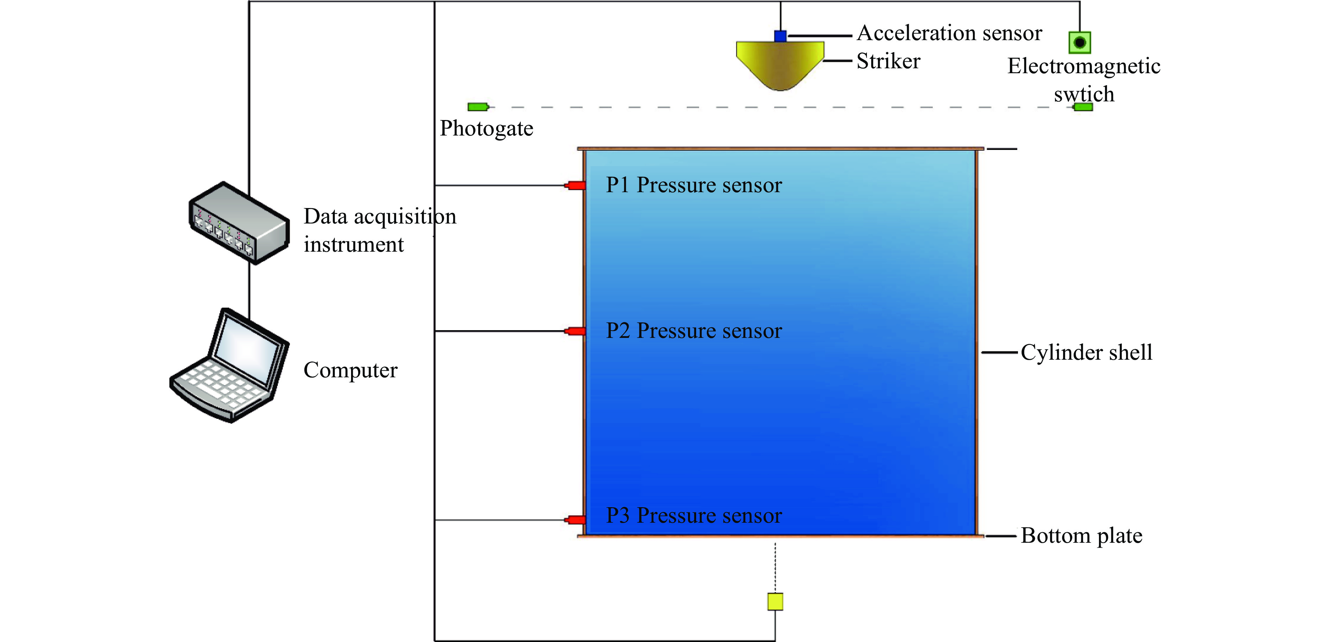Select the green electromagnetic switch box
(x=1079, y=42)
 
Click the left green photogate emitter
(x=478, y=107)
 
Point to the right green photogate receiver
(x=1083, y=107)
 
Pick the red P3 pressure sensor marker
(x=575, y=520)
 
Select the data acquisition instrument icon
(x=239, y=223)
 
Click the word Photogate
(x=486, y=128)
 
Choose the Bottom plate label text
(x=1081, y=536)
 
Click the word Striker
(x=888, y=61)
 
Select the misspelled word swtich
(x=1084, y=94)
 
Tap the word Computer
(x=350, y=370)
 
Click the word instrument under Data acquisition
(x=354, y=244)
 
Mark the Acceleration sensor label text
(x=950, y=33)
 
